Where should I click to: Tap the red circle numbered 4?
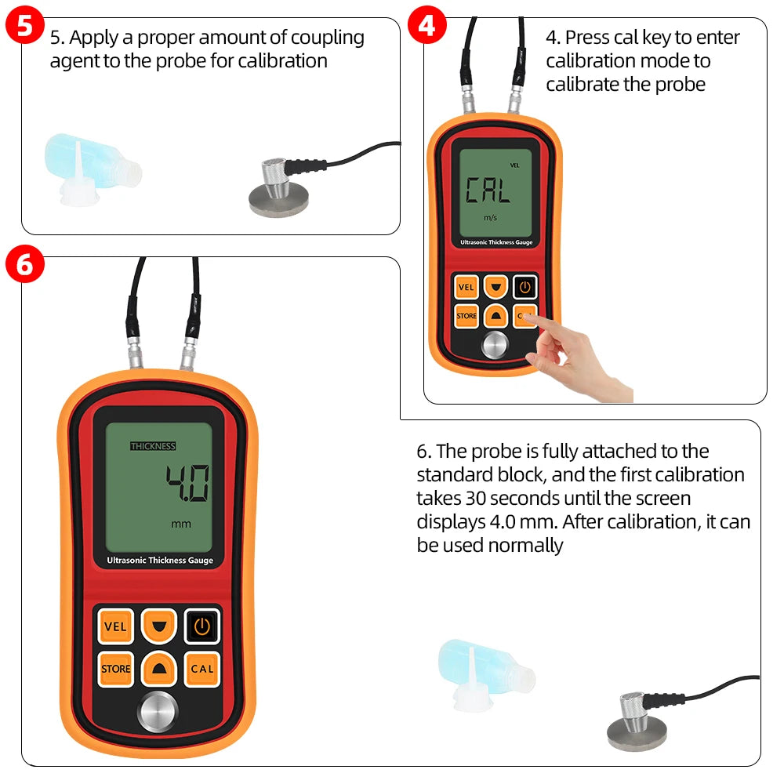[426, 26]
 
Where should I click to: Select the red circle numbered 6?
[24, 264]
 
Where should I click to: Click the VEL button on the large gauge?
[115, 626]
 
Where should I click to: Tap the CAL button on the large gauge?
[201, 669]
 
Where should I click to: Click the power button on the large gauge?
[201, 626]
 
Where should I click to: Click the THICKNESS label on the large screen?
[153, 446]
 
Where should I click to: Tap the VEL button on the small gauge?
[466, 287]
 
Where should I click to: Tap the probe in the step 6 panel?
[637, 721]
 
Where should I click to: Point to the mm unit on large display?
[181, 524]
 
